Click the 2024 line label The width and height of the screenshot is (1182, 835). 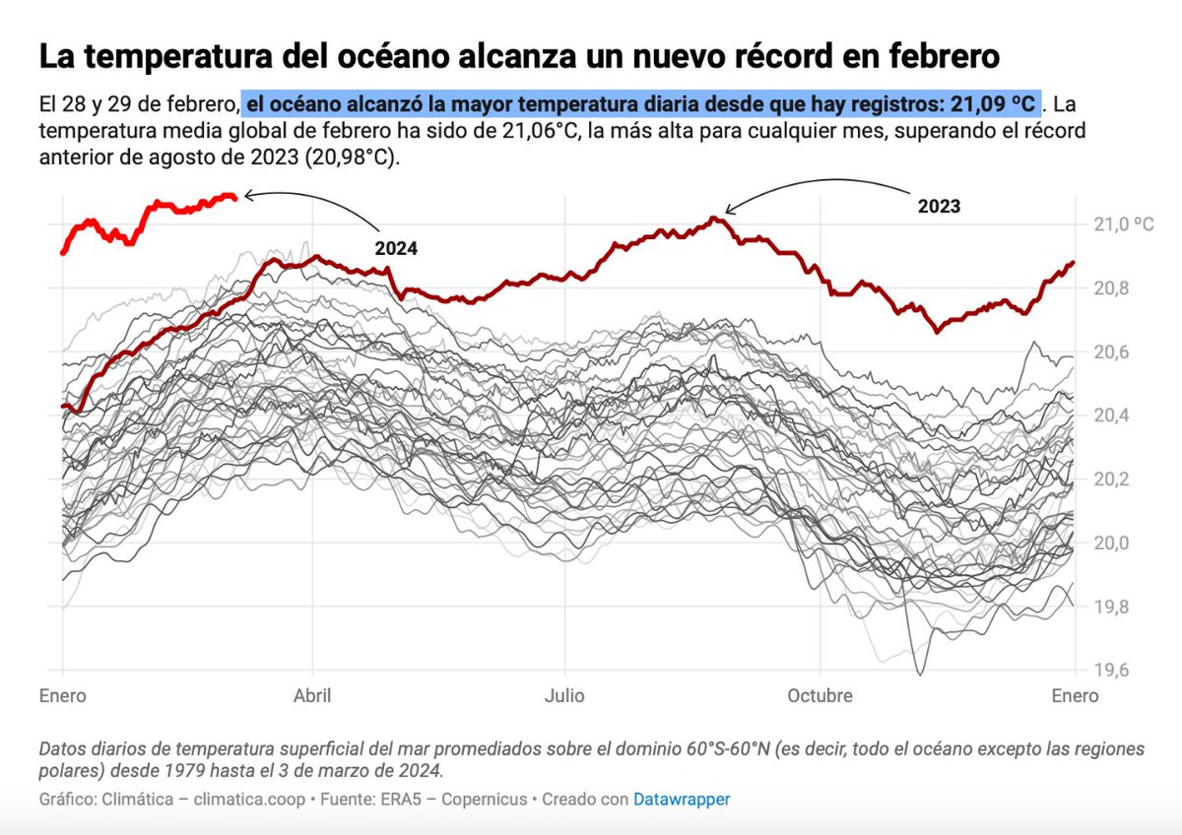(396, 249)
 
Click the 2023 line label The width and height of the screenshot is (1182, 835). (939, 207)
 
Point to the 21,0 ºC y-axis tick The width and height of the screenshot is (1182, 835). (1122, 225)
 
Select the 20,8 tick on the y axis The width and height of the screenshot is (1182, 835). (1111, 289)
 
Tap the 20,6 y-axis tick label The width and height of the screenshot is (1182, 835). (1111, 353)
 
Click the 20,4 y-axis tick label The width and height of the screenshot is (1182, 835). (1111, 416)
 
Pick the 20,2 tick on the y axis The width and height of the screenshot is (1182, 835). (1111, 480)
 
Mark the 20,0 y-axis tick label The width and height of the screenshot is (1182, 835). (1111, 544)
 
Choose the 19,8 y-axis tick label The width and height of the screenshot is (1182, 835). (1111, 608)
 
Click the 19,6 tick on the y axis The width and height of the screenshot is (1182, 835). (1111, 671)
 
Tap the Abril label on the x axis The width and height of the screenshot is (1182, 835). (312, 696)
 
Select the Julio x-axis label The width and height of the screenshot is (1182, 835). (564, 696)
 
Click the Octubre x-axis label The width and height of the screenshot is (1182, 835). (820, 696)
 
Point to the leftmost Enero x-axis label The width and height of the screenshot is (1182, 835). (63, 696)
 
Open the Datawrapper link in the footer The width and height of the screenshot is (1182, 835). (682, 800)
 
